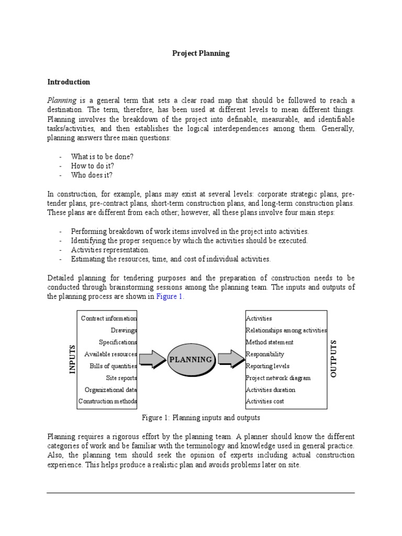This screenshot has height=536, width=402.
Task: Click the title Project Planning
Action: pyautogui.click(x=201, y=53)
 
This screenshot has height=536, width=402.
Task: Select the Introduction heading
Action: pyautogui.click(x=69, y=82)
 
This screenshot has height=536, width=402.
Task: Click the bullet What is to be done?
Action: pyautogui.click(x=102, y=157)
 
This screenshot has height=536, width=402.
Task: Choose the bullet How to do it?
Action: pyautogui.click(x=93, y=166)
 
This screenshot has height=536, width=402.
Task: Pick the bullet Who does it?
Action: pyautogui.click(x=92, y=175)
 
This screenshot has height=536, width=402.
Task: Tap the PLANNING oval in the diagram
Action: pyautogui.click(x=190, y=360)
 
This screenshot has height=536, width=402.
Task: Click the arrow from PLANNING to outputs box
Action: pyautogui.click(x=230, y=359)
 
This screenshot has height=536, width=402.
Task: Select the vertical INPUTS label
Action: pyautogui.click(x=72, y=359)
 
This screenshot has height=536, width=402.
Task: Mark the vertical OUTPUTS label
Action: pyautogui.click(x=334, y=359)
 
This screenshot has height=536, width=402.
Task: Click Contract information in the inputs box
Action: pyautogui.click(x=109, y=318)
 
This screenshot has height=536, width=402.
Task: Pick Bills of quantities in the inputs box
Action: pyautogui.click(x=113, y=366)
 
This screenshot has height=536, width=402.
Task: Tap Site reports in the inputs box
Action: pyautogui.click(x=121, y=378)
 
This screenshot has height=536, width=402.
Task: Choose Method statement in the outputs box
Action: pyautogui.click(x=270, y=342)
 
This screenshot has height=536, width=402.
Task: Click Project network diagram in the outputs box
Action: pyautogui.click(x=278, y=378)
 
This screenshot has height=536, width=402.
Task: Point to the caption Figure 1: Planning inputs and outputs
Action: pyautogui.click(x=201, y=418)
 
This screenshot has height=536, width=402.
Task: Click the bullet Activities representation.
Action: pyautogui.click(x=110, y=250)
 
